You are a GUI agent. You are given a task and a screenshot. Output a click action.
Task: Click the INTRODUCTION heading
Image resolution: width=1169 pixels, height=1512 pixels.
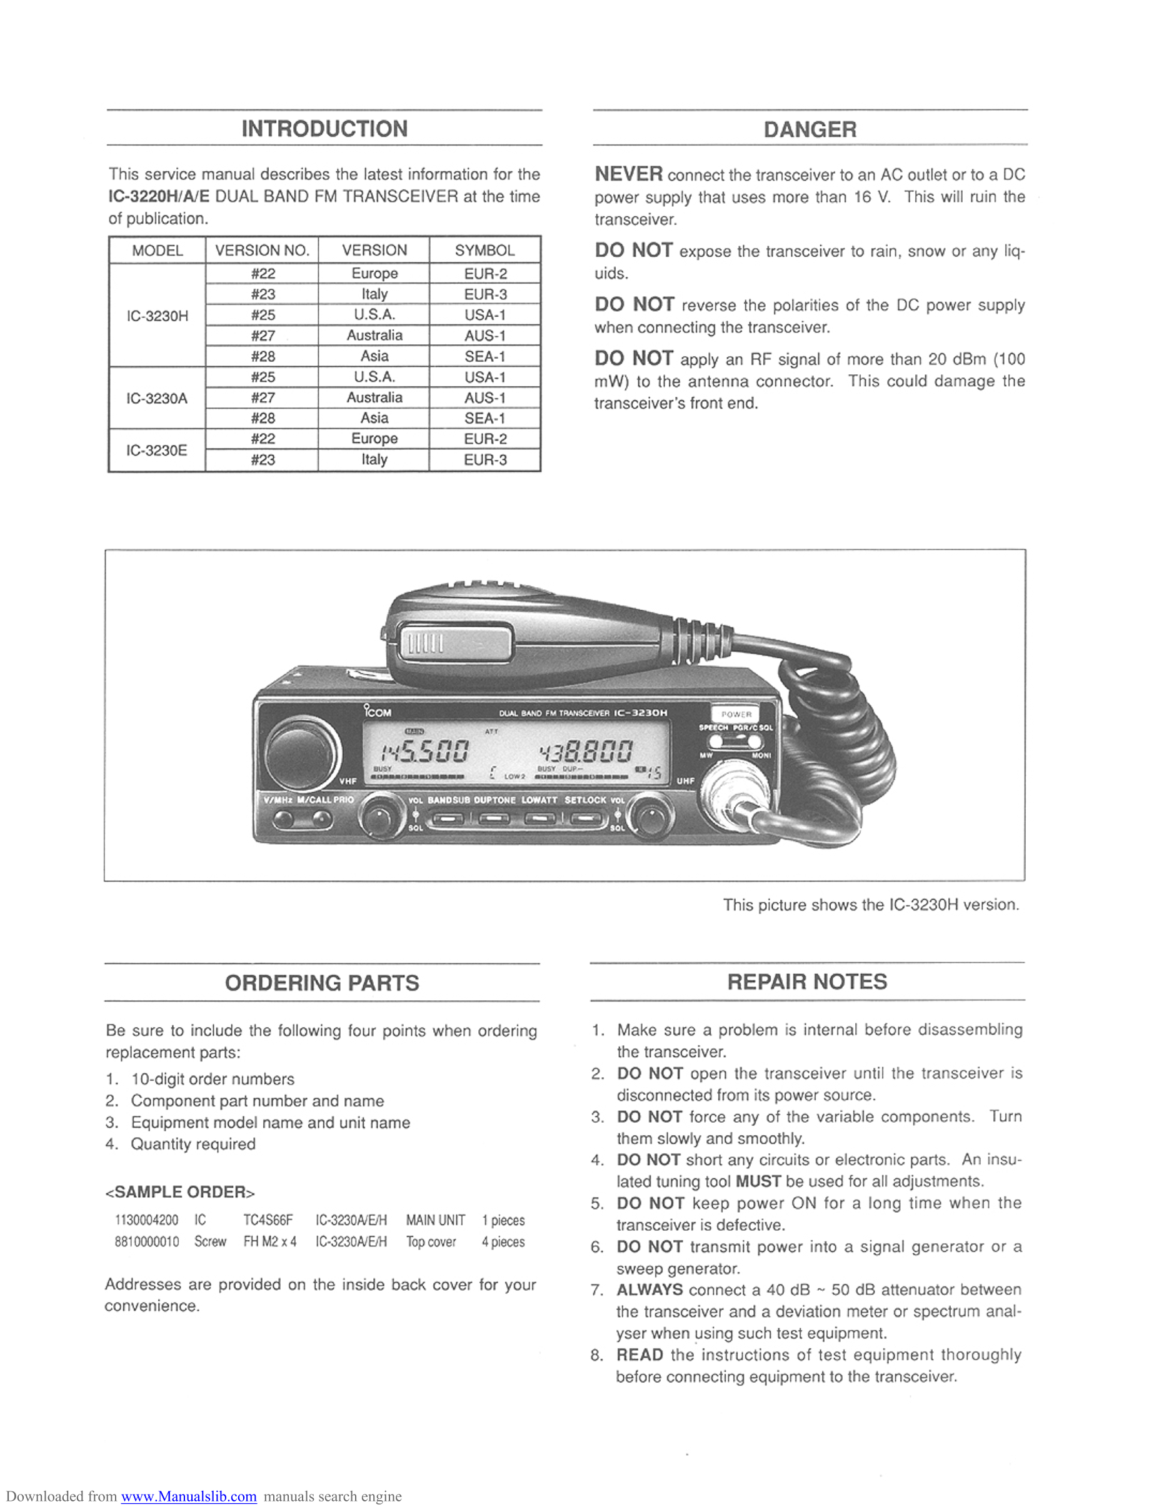(x=324, y=129)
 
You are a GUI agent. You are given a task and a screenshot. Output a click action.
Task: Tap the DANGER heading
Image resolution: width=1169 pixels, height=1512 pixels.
(x=810, y=129)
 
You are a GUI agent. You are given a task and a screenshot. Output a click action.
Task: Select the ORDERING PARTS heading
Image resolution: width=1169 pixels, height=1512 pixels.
(x=322, y=982)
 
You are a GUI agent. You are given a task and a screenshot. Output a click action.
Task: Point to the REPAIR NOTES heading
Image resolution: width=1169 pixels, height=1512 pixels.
(x=807, y=981)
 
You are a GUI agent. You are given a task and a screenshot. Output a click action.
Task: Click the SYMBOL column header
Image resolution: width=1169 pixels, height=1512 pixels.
(x=484, y=250)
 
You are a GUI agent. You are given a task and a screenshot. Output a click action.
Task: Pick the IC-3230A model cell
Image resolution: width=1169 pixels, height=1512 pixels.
(x=156, y=398)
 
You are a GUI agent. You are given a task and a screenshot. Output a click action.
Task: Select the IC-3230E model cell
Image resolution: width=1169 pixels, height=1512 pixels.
(x=156, y=450)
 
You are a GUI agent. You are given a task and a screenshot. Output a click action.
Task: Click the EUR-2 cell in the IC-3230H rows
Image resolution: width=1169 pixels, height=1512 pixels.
(x=484, y=274)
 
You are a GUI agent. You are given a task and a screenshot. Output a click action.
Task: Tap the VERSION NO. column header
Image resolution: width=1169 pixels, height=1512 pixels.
(x=262, y=250)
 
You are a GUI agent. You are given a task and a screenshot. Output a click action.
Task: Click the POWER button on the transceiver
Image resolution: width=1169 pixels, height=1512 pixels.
(x=736, y=714)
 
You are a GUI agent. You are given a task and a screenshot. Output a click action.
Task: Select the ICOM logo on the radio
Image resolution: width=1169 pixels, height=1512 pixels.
(x=378, y=711)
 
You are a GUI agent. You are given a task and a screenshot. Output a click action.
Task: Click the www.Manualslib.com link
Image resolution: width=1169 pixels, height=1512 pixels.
(x=188, y=1496)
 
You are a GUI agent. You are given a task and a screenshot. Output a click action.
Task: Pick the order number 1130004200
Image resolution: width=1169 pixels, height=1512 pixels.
(x=146, y=1220)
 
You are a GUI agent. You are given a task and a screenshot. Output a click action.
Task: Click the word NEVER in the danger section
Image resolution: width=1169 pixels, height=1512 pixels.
(x=628, y=174)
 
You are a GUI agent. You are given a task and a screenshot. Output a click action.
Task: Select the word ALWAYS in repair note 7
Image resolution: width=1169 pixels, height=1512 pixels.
(x=649, y=1289)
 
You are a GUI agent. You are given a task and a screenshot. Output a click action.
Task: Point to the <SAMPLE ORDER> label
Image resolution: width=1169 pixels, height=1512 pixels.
(x=180, y=1191)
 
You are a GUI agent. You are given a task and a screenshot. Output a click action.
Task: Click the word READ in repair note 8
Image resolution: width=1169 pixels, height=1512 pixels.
(x=640, y=1354)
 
